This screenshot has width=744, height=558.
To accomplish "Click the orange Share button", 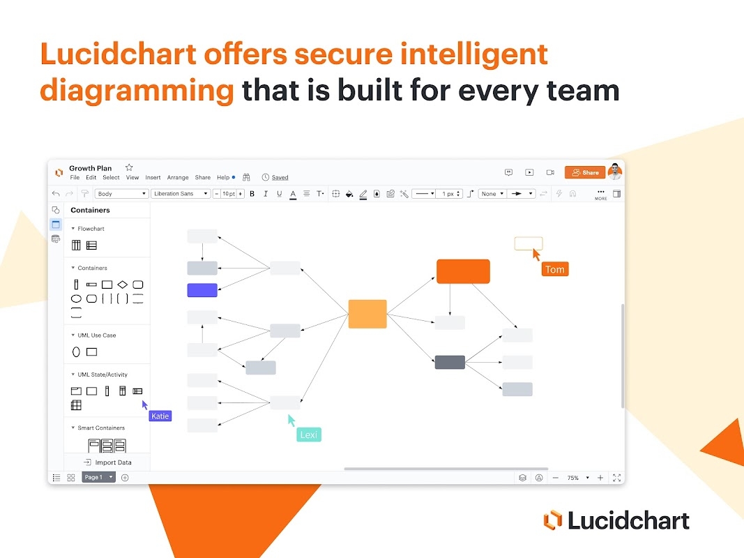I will point(584,172).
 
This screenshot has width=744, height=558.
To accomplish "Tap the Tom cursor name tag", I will point(555,269).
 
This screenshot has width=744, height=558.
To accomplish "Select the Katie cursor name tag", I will point(160,416).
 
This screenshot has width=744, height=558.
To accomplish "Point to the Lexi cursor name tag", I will point(308,435).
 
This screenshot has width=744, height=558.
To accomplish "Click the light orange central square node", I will point(367,314).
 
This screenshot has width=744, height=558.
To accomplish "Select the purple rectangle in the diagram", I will point(202,290).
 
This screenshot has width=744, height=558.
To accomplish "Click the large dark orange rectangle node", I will point(463,271).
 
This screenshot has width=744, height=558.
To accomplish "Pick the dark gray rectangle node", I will point(450,362).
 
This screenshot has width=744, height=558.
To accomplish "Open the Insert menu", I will point(153,178).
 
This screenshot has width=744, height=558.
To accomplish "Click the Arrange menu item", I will point(178,178).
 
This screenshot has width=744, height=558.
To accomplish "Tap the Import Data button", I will point(107,462).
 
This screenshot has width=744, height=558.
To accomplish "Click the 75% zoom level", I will point(573,478).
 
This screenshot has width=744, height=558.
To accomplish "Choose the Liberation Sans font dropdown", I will point(180,194).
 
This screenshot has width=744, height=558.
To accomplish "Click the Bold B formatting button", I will point(252,194).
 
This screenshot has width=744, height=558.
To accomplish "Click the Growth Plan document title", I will point(90,168).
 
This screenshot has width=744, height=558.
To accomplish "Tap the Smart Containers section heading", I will point(100,428).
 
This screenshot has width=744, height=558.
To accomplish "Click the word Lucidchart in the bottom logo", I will point(628,520).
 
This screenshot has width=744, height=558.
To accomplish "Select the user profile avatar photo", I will point(614,172).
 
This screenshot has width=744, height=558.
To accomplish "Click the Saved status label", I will point(280,178).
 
